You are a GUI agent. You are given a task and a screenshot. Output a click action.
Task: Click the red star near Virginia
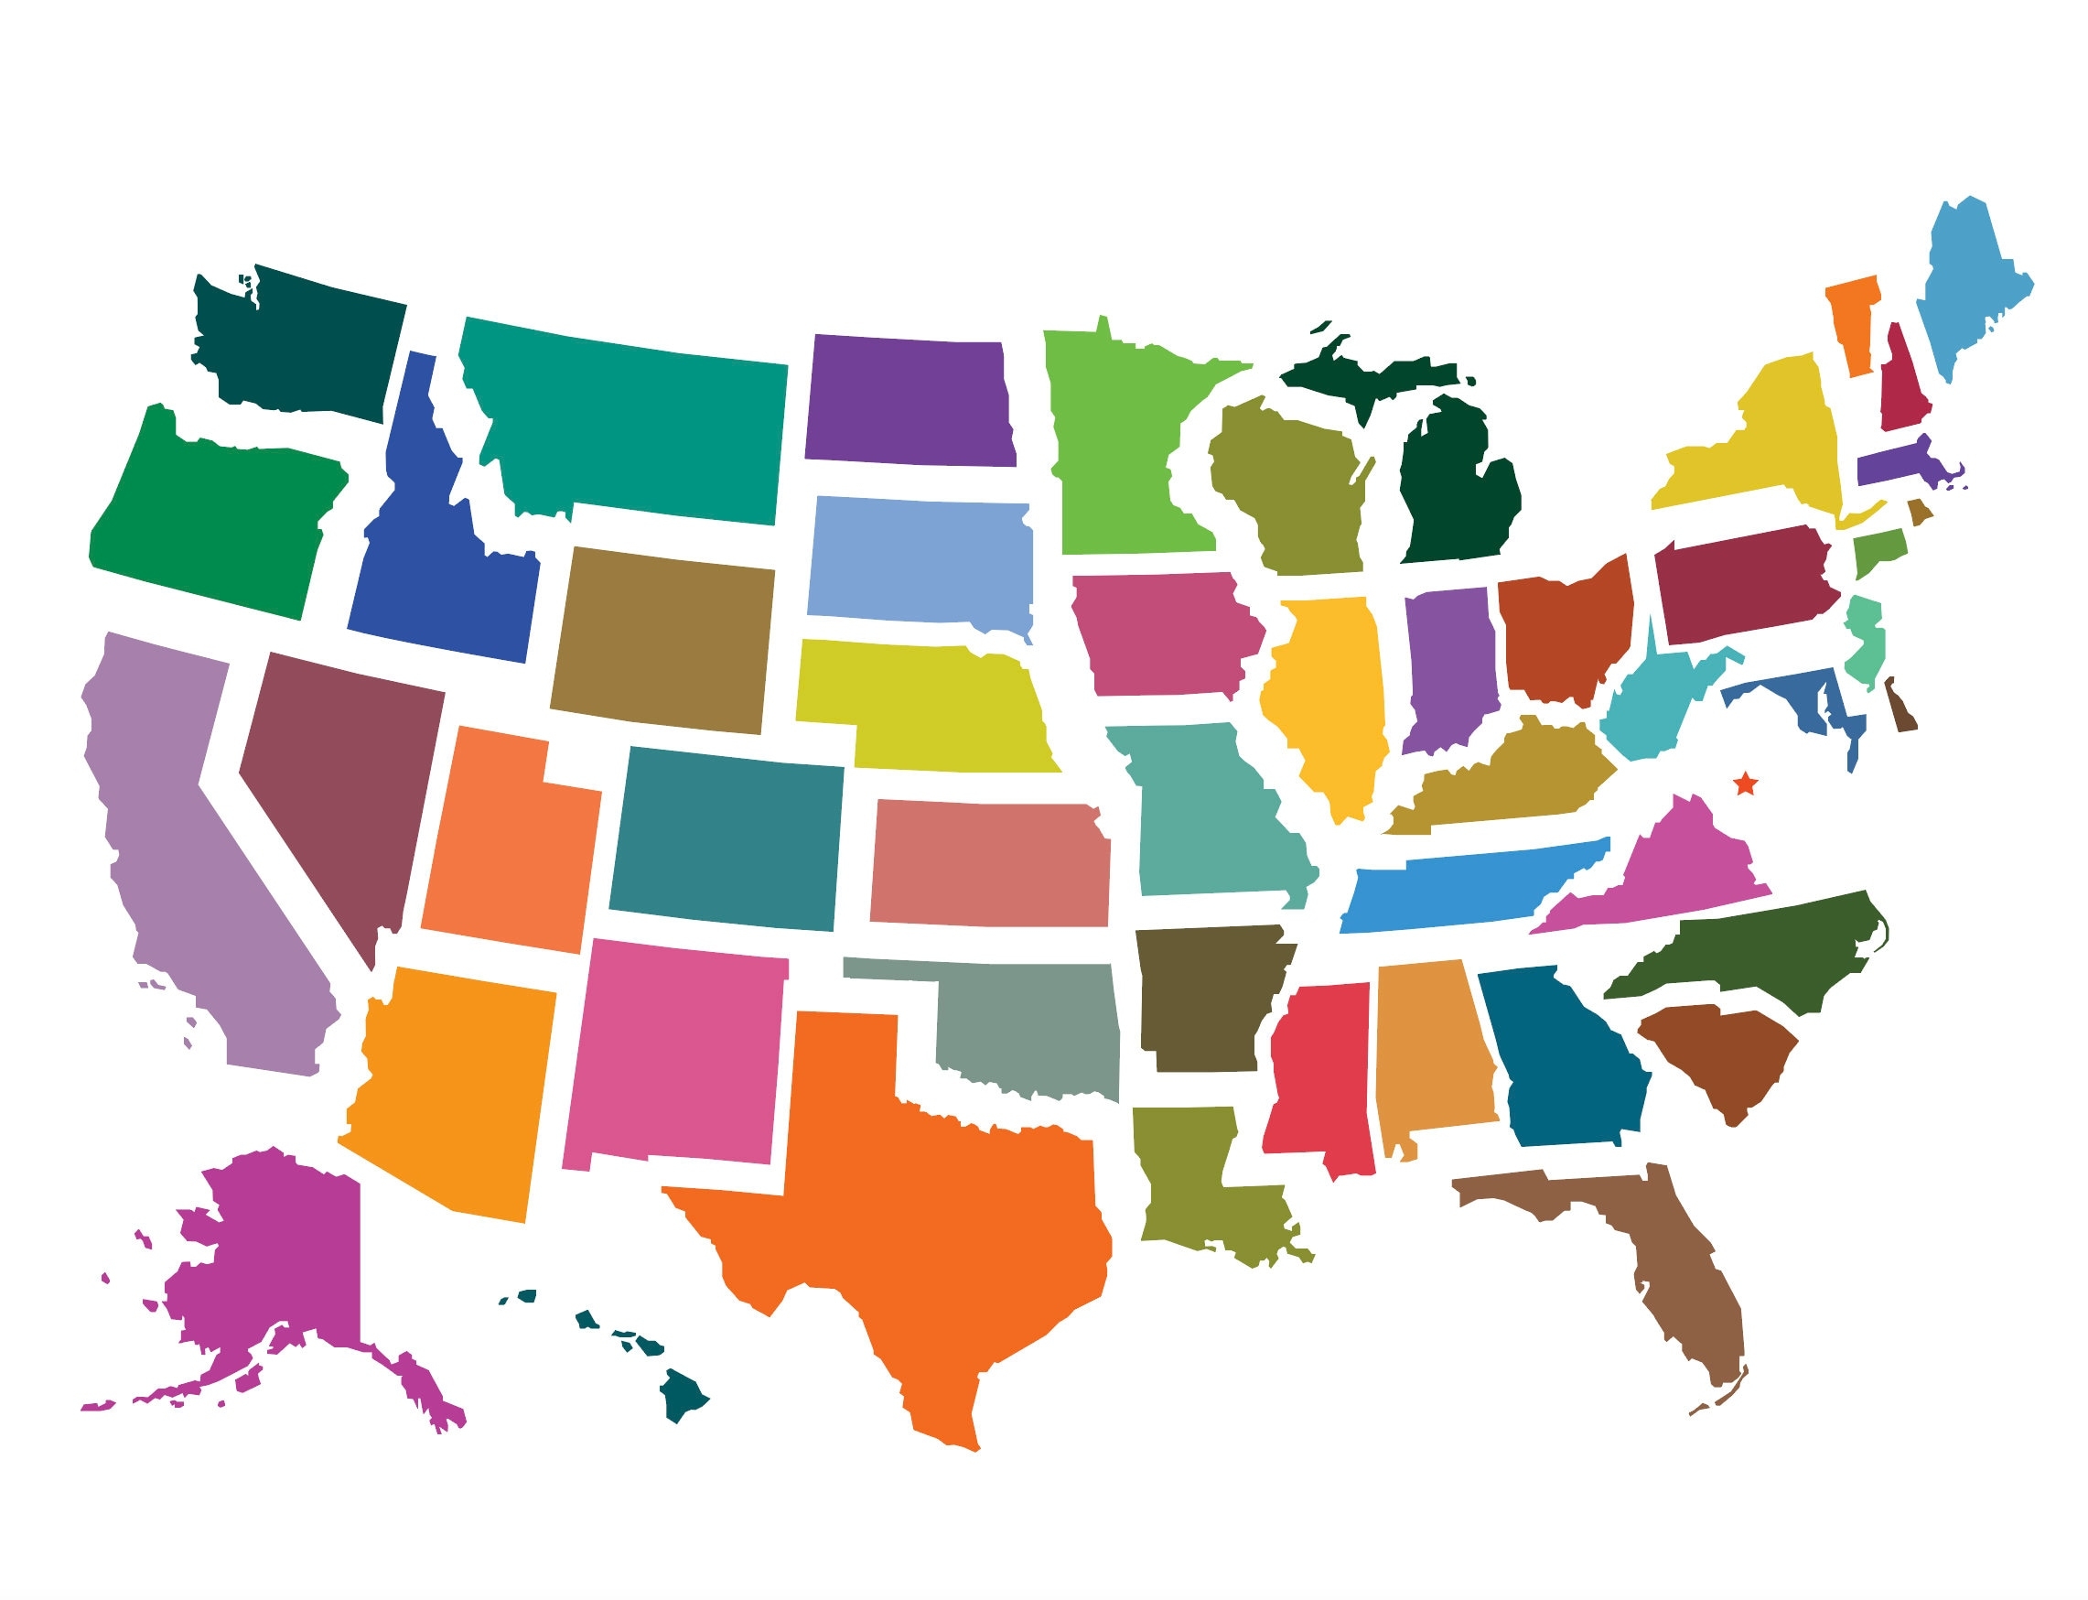click(x=1745, y=784)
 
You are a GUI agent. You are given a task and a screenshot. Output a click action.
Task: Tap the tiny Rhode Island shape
click(x=1920, y=513)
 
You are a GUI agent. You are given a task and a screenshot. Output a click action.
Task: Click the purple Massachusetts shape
click(x=1895, y=465)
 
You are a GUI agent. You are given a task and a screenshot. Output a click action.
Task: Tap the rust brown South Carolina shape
click(x=1723, y=1057)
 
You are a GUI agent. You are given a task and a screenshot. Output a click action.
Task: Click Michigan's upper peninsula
click(x=1371, y=376)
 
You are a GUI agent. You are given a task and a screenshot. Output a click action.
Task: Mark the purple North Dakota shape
click(x=909, y=400)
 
